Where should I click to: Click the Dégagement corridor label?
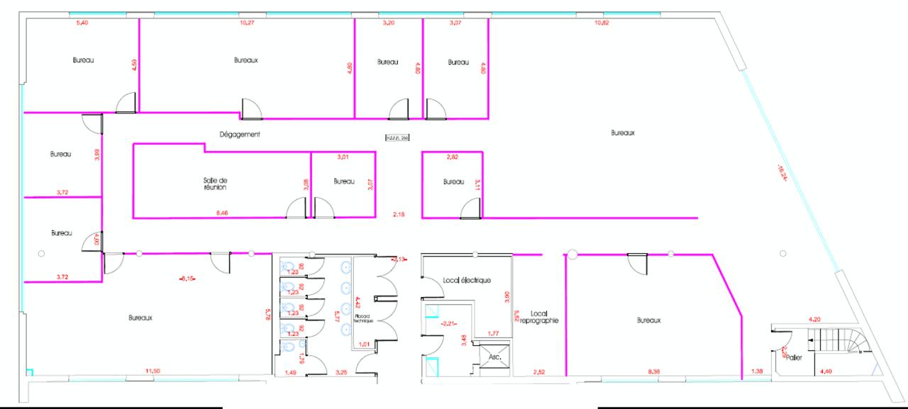pyautogui.click(x=240, y=133)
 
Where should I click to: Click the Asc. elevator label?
pyautogui.click(x=495, y=358)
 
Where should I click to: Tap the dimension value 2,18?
pyautogui.click(x=399, y=213)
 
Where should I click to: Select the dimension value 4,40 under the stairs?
pyautogui.click(x=826, y=371)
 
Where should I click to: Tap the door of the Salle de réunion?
pyautogui.click(x=295, y=208)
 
